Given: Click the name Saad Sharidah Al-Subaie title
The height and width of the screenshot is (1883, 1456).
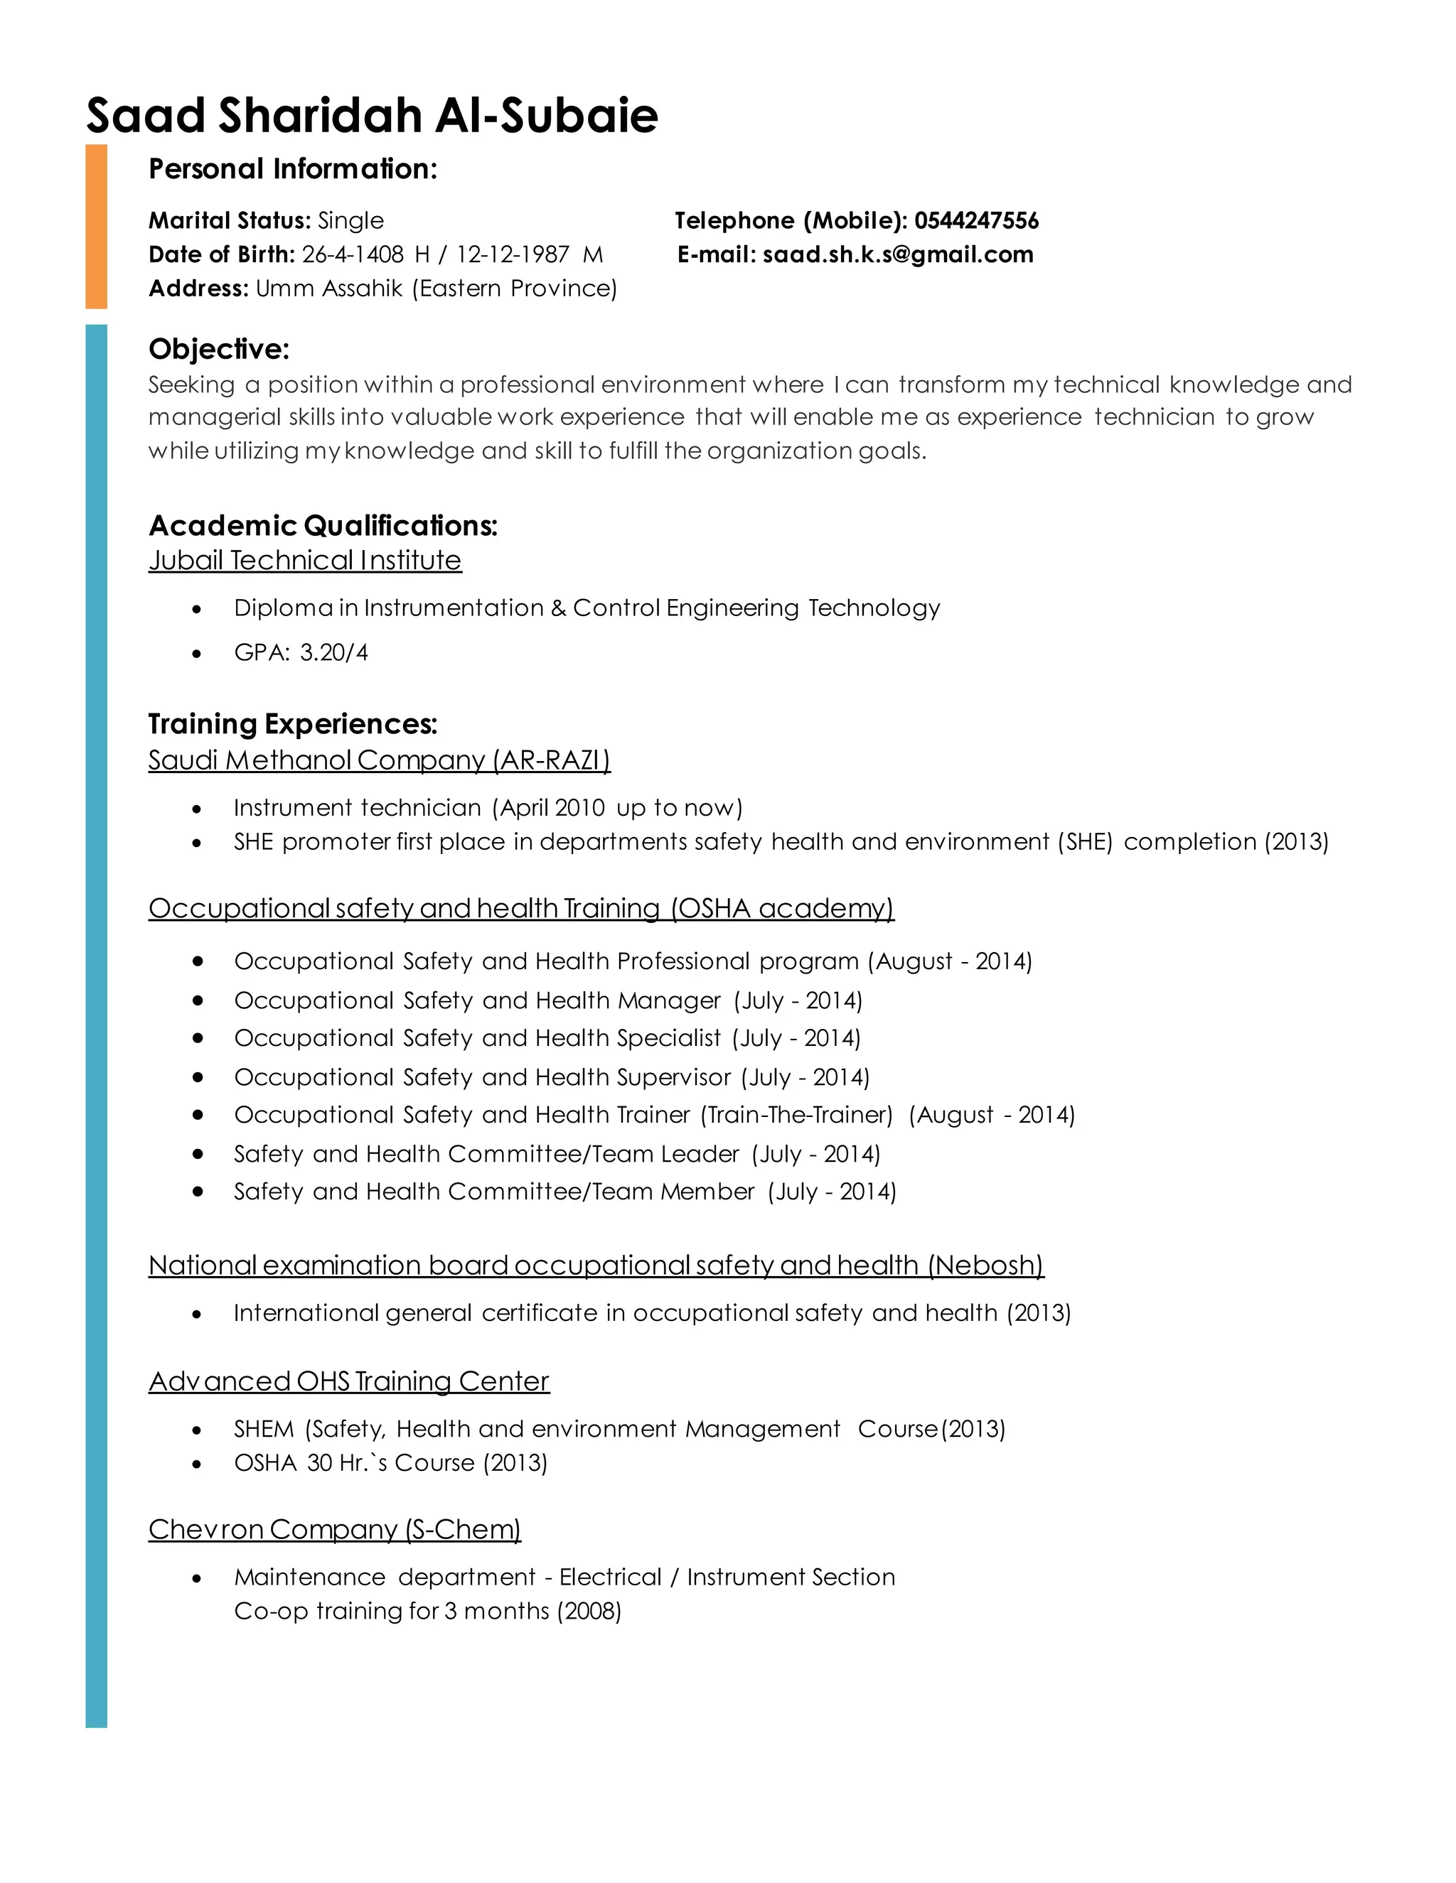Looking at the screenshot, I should pos(372,116).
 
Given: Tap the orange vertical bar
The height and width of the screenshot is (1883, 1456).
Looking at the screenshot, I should pos(97,226).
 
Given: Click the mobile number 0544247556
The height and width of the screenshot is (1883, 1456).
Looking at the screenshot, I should pos(976,221).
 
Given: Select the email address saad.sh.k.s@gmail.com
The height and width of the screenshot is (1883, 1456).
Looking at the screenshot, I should pos(898,254).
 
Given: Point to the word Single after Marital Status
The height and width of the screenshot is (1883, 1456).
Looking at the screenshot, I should pos(350,221).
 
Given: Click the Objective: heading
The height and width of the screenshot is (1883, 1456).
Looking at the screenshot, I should pos(219,349).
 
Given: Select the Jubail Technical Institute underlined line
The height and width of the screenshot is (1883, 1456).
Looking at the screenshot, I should pos(304,561).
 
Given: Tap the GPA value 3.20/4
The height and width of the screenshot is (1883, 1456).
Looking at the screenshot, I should pos(334,653).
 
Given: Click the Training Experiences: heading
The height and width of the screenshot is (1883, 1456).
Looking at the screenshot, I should pos(292,724).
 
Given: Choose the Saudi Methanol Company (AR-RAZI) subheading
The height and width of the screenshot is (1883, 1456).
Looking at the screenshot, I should pos(379,760).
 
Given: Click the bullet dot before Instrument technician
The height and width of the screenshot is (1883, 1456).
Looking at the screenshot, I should pos(198,809).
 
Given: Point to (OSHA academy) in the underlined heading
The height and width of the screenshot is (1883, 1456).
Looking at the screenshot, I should pos(782,909).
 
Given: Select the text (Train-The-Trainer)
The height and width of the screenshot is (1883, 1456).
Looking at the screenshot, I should pos(796,1115).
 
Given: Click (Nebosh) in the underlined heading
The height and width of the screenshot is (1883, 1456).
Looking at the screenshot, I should pos(986,1266).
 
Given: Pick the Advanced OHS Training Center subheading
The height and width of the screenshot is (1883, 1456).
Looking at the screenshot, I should pos(348,1382).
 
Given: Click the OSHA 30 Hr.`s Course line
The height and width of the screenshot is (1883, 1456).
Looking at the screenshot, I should pos(390,1463).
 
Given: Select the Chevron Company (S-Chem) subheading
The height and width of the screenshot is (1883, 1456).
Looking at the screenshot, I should pos(335,1530).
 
